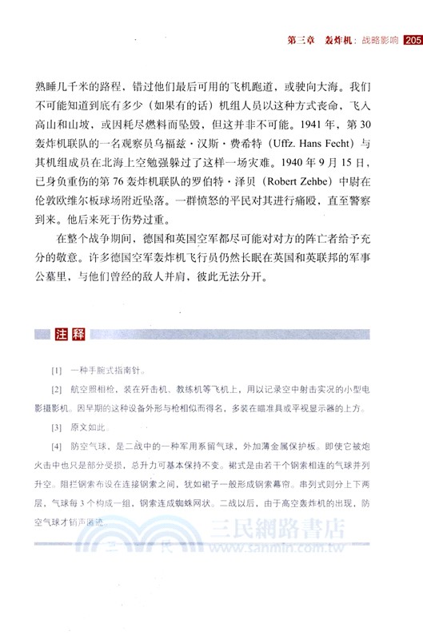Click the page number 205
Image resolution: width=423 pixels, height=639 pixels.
coord(412,40)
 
